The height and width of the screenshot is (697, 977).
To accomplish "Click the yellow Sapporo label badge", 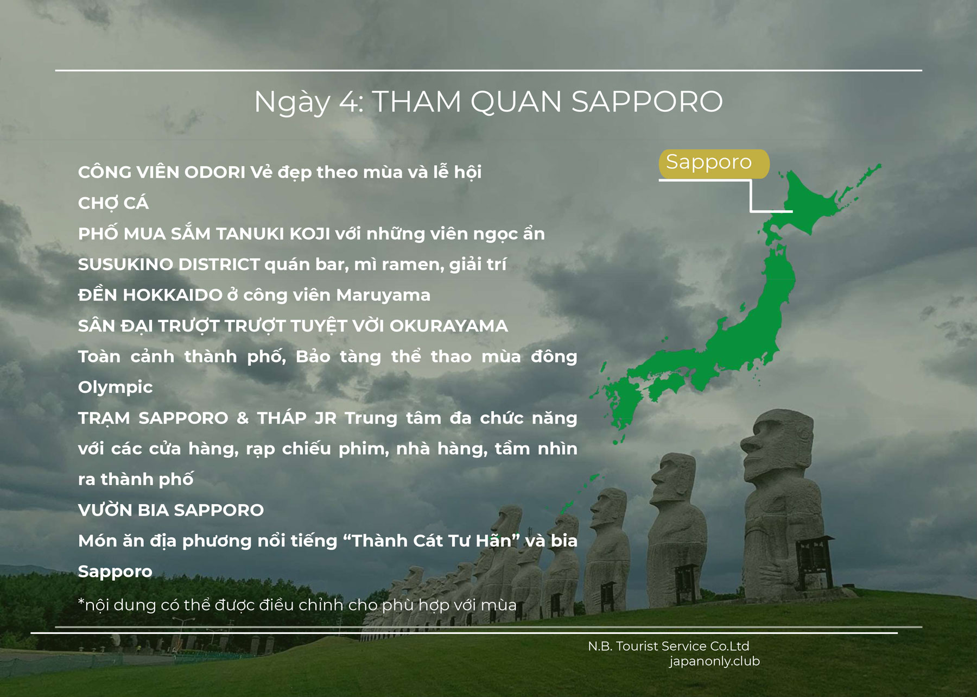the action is click(714, 164).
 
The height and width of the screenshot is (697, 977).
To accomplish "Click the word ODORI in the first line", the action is click(215, 172).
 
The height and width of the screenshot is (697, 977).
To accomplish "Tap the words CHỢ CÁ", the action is click(113, 202).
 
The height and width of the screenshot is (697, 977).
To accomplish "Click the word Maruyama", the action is click(383, 295).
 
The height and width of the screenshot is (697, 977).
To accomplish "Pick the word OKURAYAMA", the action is click(449, 326).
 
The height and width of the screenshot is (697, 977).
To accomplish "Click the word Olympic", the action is click(115, 387).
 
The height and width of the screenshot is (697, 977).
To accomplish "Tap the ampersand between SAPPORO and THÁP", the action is click(242, 418).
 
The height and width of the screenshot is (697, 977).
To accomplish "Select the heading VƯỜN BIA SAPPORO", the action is click(171, 510).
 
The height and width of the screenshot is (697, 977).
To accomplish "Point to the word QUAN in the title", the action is click(516, 102).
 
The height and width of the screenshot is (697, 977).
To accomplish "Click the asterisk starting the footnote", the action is click(81, 601).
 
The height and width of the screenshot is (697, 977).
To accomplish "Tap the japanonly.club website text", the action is click(714, 661).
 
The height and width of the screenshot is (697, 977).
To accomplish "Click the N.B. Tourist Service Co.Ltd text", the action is click(668, 646).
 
